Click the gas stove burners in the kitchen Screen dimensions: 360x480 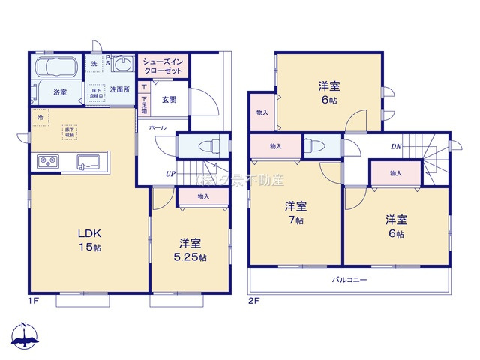click(x=48, y=161)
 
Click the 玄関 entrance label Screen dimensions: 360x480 click(x=169, y=100)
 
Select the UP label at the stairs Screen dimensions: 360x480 click(x=171, y=175)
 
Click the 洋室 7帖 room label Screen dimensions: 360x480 click(x=294, y=213)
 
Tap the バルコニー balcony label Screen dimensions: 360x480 click(x=350, y=279)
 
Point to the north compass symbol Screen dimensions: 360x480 click(x=25, y=336)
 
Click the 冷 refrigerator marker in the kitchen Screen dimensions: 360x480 click(x=37, y=118)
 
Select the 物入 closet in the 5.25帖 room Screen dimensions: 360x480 click(x=203, y=196)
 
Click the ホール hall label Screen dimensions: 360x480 click(x=157, y=128)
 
